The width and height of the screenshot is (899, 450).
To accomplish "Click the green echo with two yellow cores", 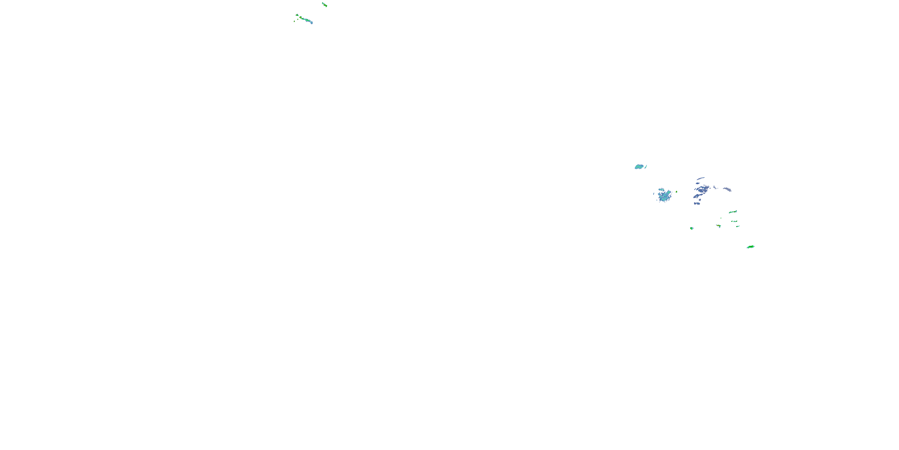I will [325, 4].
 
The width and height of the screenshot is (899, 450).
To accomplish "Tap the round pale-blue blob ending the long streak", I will [311, 22].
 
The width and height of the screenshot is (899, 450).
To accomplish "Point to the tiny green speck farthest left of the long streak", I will [294, 21].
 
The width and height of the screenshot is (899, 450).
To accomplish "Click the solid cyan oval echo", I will [639, 167].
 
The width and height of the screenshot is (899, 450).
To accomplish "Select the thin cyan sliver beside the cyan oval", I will [646, 167].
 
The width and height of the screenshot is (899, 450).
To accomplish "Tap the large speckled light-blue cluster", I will [664, 195].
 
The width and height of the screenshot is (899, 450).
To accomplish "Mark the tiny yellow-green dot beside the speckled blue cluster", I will [677, 192].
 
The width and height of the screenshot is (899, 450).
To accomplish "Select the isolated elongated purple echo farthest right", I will [727, 189].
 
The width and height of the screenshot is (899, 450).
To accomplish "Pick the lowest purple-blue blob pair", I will [697, 203].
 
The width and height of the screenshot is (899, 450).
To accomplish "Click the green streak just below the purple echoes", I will [732, 212].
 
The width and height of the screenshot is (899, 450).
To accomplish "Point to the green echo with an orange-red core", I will [719, 226].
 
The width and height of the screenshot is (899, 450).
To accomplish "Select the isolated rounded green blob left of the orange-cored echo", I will [691, 228].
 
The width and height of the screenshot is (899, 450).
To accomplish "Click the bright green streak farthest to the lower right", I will [750, 247].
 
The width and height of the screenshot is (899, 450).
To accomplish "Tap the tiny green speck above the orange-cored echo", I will [721, 218].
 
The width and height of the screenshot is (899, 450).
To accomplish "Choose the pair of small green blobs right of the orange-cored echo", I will [736, 223].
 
